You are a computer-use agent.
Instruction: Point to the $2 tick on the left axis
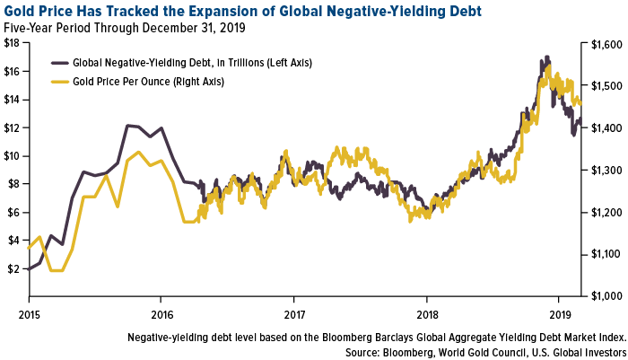click(x=12, y=268)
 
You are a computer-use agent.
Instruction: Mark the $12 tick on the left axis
click(x=12, y=127)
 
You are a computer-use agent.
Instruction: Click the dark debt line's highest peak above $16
click(x=546, y=57)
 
